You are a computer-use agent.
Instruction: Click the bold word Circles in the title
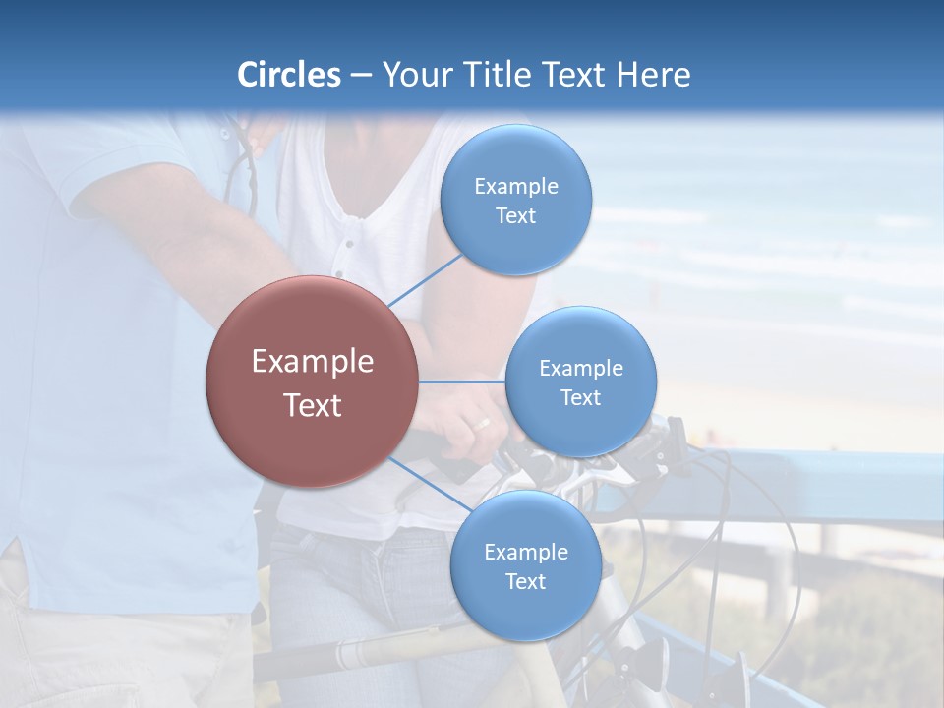tap(288, 75)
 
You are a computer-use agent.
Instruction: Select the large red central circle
tap(312, 382)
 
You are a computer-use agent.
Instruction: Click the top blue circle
tap(515, 200)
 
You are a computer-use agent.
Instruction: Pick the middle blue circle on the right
tap(580, 382)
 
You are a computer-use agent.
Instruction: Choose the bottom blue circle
tap(525, 565)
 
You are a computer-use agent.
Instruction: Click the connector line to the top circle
tap(425, 280)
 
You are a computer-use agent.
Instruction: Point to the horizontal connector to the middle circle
tap(462, 382)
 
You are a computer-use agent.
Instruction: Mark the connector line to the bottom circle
tap(429, 485)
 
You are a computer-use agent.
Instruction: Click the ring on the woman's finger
tap(482, 423)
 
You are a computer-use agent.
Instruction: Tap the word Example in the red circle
tap(312, 362)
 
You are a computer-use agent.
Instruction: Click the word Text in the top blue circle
tap(515, 216)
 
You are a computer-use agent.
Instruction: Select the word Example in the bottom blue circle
tap(525, 552)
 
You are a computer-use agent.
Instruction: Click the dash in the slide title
tap(360, 75)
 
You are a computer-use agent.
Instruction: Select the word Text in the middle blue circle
tap(580, 397)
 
